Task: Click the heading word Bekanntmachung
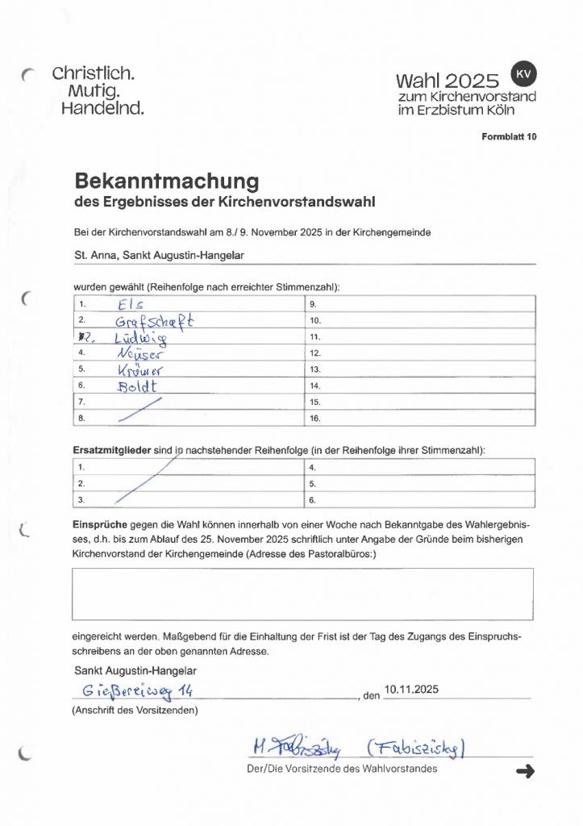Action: click(166, 178)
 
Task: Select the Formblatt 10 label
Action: click(509, 137)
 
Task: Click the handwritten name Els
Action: click(129, 305)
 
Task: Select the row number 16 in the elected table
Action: click(315, 418)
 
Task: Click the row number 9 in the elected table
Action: click(313, 305)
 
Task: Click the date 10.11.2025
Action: click(412, 689)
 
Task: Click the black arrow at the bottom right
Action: click(525, 772)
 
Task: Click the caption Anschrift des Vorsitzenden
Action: click(135, 710)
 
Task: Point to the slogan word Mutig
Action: click(94, 90)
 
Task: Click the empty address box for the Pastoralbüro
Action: click(302, 594)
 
